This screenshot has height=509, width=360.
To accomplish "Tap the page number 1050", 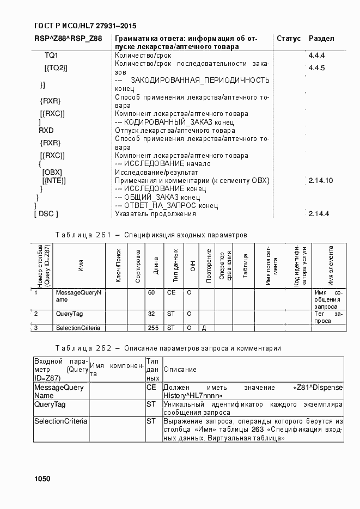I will (x=42, y=479).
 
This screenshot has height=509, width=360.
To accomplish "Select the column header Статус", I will (x=289, y=39).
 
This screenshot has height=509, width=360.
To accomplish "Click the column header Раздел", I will (x=321, y=39).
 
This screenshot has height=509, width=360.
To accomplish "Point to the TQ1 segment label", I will (x=51, y=56).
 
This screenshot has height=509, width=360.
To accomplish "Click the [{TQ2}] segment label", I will (x=56, y=68).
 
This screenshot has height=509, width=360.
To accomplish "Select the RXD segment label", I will (x=46, y=131).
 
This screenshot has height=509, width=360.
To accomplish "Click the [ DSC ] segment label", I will (x=46, y=214).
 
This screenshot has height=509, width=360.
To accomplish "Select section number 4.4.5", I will (x=316, y=68).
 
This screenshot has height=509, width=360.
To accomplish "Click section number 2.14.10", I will (x=320, y=180).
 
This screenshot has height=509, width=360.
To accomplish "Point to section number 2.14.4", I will (x=319, y=214).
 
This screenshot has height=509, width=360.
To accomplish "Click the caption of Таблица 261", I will (x=151, y=235).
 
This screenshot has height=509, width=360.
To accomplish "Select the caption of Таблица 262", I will (x=168, y=348).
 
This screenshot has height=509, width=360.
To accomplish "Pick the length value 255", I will (x=153, y=328).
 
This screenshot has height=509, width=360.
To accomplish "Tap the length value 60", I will (x=151, y=293).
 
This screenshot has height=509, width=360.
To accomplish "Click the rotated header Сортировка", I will (x=138, y=266).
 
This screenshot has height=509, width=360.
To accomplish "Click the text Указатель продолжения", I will (x=155, y=214).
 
